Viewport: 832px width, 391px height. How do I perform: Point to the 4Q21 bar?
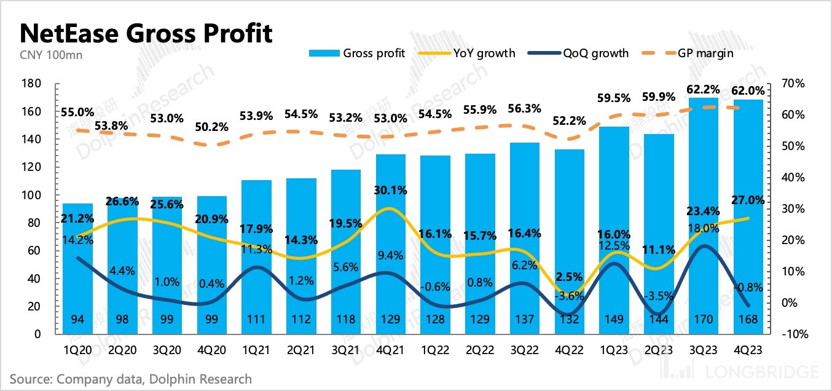[x=390, y=246]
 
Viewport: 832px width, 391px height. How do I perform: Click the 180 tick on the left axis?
[x=32, y=84]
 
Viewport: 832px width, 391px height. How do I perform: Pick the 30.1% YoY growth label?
[x=390, y=191]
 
